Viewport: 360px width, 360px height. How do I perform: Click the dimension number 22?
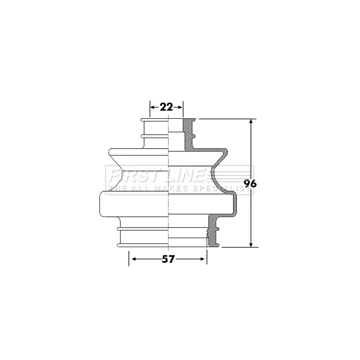click(x=166, y=107)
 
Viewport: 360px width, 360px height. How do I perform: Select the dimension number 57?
click(x=168, y=259)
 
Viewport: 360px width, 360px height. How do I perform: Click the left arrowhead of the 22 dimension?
click(x=153, y=107)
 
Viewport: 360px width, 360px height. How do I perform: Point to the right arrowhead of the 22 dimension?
click(x=180, y=107)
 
